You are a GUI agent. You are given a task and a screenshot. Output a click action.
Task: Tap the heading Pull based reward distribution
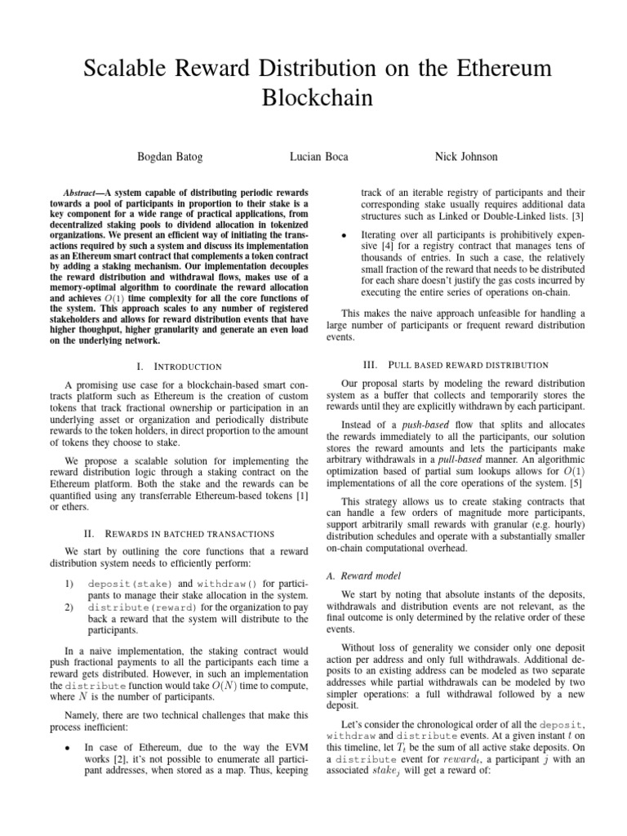tap(456, 362)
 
